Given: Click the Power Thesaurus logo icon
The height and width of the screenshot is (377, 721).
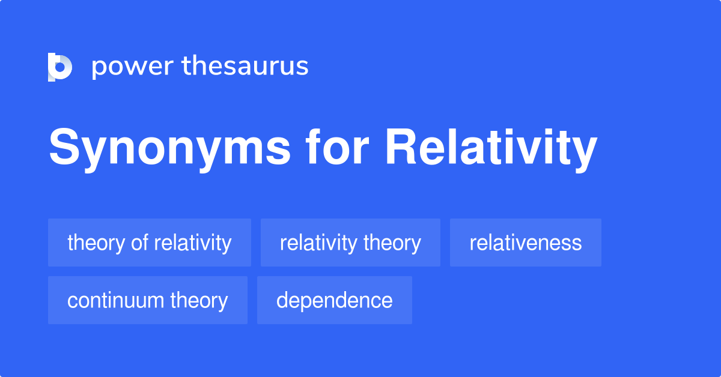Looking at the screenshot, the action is [x=60, y=67].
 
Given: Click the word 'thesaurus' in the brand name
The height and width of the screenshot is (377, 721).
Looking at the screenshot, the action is [x=245, y=65].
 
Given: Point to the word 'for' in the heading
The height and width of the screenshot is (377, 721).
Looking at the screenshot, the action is [x=337, y=146].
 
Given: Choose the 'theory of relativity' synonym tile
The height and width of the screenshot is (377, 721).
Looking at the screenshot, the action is [x=150, y=243].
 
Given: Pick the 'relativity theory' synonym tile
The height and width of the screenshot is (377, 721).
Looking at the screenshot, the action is [x=350, y=243].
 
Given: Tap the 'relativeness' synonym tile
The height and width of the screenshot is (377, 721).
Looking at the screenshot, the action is [x=525, y=243].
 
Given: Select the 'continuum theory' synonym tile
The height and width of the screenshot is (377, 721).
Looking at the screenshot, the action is [x=148, y=300].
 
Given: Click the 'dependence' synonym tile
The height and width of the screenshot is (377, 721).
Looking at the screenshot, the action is [x=335, y=300].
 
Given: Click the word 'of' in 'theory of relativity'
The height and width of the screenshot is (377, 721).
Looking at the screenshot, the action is [x=139, y=243].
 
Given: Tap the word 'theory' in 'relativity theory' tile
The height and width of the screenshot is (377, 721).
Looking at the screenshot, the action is [x=392, y=244].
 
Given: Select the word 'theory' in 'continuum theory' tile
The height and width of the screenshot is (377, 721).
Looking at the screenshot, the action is [x=199, y=301].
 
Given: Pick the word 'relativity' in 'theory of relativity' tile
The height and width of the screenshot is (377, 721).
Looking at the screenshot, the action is [x=193, y=244].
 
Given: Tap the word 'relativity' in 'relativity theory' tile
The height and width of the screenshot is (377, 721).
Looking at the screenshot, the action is [x=318, y=244].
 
